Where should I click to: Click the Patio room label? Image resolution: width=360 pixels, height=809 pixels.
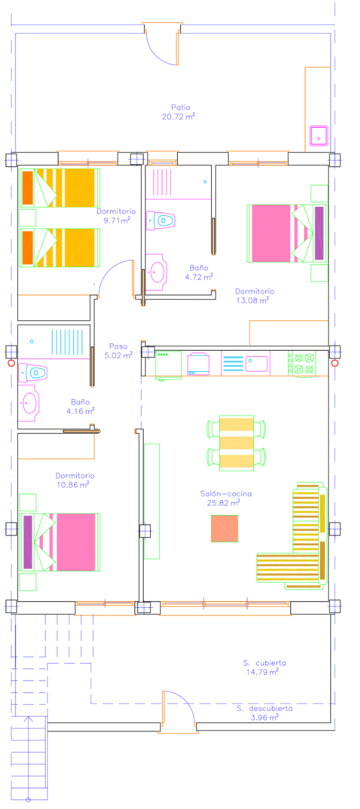pyautogui.click(x=181, y=107)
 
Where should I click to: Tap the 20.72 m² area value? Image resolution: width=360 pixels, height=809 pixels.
pyautogui.click(x=178, y=116)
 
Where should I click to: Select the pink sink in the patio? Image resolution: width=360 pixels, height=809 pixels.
pyautogui.click(x=319, y=136)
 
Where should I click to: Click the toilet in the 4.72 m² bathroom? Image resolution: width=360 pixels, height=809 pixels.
pyautogui.click(x=161, y=221)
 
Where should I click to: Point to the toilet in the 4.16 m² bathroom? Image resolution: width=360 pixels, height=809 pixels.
pyautogui.click(x=33, y=373)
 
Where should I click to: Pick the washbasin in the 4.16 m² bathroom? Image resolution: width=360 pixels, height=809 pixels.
pyautogui.click(x=29, y=403)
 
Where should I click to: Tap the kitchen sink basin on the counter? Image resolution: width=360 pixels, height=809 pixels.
pyautogui.click(x=257, y=364)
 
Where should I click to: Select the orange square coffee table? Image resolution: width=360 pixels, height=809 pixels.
pyautogui.click(x=225, y=528)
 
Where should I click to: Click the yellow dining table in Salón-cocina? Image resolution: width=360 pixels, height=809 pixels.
pyautogui.click(x=236, y=443)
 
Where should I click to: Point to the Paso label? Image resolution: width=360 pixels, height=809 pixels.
pyautogui.click(x=118, y=347)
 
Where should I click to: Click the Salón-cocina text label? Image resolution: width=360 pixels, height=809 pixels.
pyautogui.click(x=226, y=494)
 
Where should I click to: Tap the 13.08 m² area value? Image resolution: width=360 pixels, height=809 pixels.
pyautogui.click(x=253, y=300)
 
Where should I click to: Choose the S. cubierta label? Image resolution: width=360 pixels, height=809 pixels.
pyautogui.click(x=265, y=663)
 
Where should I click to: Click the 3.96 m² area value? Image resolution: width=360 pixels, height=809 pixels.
pyautogui.click(x=265, y=717)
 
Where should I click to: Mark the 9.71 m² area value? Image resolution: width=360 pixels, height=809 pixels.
pyautogui.click(x=117, y=221)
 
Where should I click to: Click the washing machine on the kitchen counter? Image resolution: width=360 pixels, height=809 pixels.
pyautogui.click(x=198, y=364)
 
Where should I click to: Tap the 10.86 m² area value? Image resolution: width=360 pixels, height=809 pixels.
pyautogui.click(x=73, y=485)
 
